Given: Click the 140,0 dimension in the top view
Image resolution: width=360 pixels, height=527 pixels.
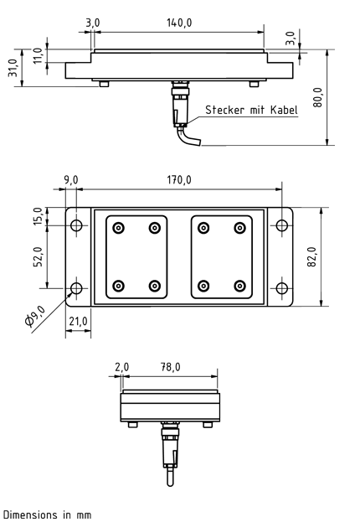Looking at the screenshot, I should tap(177, 22).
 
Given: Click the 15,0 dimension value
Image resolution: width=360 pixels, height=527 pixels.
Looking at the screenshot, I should tap(37, 216).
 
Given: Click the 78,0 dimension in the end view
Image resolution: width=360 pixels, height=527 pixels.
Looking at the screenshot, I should tap(172, 367).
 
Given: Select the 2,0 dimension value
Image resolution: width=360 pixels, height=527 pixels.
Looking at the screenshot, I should tap(122, 367).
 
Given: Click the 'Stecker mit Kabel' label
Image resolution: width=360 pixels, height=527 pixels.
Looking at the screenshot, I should tap(251, 110).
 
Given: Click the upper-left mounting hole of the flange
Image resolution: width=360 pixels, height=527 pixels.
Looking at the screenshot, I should tap(77, 226).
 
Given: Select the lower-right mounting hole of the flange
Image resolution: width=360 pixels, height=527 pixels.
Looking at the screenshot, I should tap(281, 289).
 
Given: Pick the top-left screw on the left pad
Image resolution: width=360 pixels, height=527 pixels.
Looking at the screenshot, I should tap(119, 228).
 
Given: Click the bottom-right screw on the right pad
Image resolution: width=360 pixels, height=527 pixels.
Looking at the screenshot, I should tap(240, 286).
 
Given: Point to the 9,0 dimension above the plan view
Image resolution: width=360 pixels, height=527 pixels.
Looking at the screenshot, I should tap(70, 180).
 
